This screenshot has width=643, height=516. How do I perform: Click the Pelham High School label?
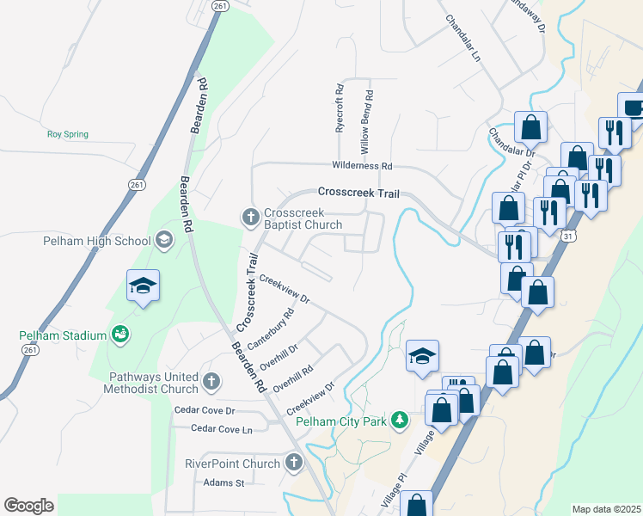pyautogui.click(x=96, y=241)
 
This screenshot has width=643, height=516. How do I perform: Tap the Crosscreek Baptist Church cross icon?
pyautogui.click(x=250, y=217)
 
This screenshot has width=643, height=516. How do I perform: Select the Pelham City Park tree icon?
pyautogui.click(x=399, y=421)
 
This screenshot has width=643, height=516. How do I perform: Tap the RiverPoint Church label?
pyautogui.click(x=233, y=464)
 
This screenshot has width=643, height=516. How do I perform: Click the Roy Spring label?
pyautogui.click(x=68, y=134)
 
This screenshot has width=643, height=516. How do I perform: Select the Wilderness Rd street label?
pyautogui.click(x=363, y=166)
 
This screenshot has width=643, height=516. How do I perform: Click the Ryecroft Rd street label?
pyautogui.click(x=340, y=107)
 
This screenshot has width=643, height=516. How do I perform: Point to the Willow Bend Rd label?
pyautogui.click(x=365, y=121)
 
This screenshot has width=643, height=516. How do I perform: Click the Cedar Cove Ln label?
pyautogui.click(x=222, y=428)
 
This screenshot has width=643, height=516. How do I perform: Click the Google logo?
pyautogui.click(x=28, y=506)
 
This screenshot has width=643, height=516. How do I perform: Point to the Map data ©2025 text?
pyautogui.click(x=605, y=509)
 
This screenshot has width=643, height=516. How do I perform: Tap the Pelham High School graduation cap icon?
pyautogui.click(x=163, y=240)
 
